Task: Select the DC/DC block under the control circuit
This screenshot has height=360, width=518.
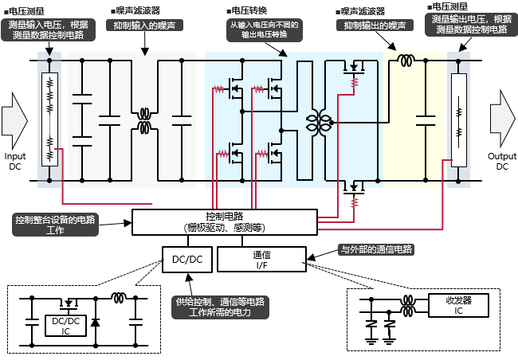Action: pyautogui.click(x=186, y=259)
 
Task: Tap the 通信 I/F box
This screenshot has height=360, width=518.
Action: pyautogui.click(x=261, y=259)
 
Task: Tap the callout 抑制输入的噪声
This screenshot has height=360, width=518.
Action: pyautogui.click(x=144, y=25)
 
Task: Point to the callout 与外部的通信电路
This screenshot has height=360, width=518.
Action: pyautogui.click(x=376, y=249)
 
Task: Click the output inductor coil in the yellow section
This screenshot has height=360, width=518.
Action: pyautogui.click(x=406, y=61)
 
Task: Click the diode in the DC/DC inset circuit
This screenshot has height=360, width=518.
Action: pyautogui.click(x=95, y=322)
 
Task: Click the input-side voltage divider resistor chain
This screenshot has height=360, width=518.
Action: pyautogui.click(x=49, y=119)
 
